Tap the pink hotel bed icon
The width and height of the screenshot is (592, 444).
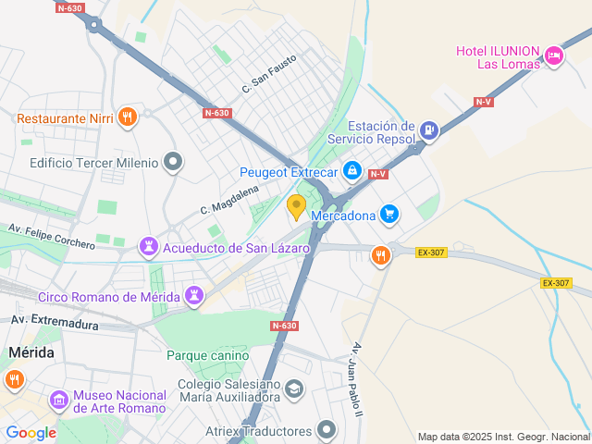[x=554, y=56]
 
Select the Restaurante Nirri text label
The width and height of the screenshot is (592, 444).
[x=65, y=117]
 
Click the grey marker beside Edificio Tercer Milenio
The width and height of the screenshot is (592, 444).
[x=172, y=163]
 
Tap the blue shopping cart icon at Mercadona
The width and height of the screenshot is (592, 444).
[x=390, y=216]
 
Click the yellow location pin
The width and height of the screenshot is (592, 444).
[x=296, y=206]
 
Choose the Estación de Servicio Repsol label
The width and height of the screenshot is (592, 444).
[x=380, y=132]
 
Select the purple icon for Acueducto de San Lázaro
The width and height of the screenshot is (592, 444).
[x=148, y=247]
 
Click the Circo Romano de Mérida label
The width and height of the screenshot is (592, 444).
[x=108, y=297]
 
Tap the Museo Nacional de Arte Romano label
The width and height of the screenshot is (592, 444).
[x=119, y=401]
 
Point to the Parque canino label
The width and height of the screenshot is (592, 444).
[x=207, y=355]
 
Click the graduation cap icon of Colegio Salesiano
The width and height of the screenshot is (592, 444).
[x=295, y=389]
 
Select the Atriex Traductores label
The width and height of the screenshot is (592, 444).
[x=258, y=430]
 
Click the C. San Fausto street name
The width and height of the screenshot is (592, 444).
[x=269, y=74]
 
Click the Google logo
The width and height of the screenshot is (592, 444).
[x=31, y=432]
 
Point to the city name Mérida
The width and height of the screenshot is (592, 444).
[x=31, y=352]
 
